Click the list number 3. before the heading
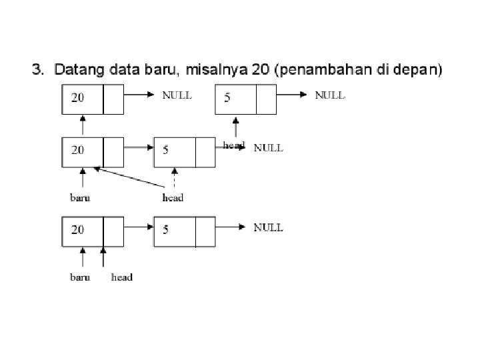click(x=39, y=69)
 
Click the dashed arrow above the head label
click(x=173, y=178)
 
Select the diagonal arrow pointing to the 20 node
click(x=130, y=177)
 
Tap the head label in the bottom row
click(x=122, y=277)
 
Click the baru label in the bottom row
click(x=81, y=277)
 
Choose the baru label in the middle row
click(x=81, y=197)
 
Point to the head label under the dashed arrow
click(x=173, y=197)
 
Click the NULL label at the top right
click(x=330, y=95)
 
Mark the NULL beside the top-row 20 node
click(x=177, y=95)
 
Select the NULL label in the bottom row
click(x=268, y=227)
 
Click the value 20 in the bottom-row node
click(x=78, y=230)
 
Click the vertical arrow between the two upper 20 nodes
click(x=83, y=125)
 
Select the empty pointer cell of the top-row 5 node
click(x=265, y=99)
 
